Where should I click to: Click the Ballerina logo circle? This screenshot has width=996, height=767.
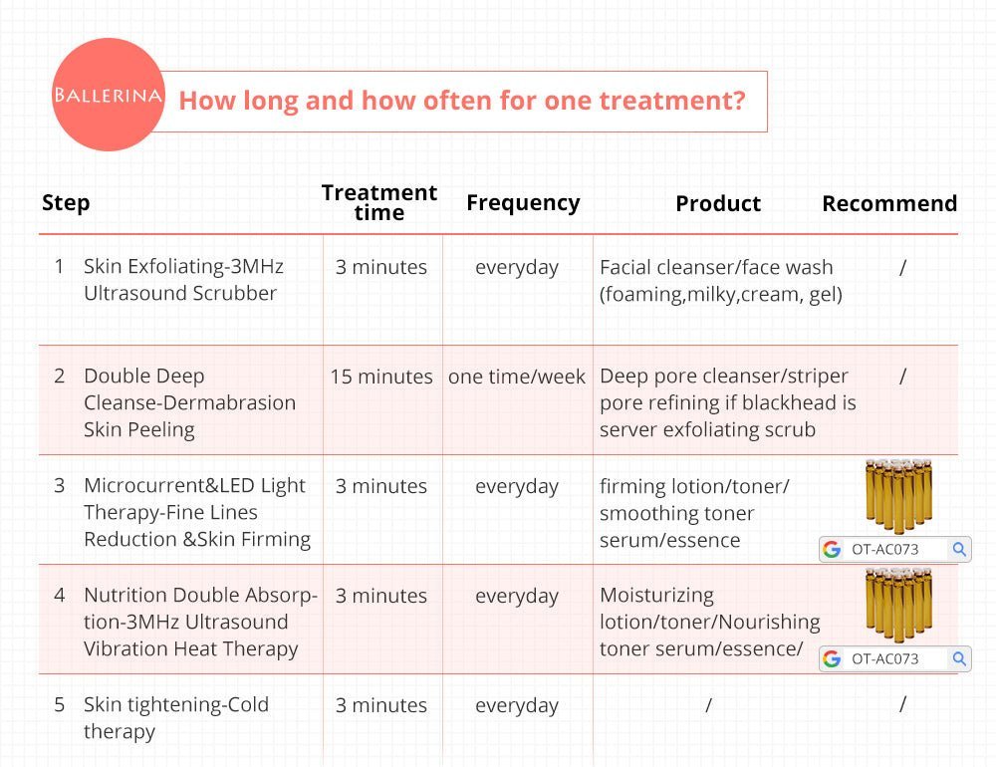click(x=108, y=95)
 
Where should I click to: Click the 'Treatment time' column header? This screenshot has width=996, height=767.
click(x=379, y=202)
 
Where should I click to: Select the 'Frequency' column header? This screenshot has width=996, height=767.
click(x=523, y=203)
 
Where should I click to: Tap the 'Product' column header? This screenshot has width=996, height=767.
click(x=718, y=203)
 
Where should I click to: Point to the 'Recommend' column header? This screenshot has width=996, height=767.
click(x=889, y=203)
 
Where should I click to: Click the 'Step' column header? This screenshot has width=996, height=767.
click(x=66, y=203)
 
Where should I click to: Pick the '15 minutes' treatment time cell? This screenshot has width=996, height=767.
click(x=381, y=377)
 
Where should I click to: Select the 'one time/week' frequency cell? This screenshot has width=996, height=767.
click(x=516, y=377)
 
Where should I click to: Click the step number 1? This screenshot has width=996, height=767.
click(x=59, y=266)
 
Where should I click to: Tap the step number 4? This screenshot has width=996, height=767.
click(x=60, y=596)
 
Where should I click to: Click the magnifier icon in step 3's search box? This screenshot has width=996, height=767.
click(x=959, y=549)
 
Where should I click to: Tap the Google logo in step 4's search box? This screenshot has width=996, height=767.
click(x=832, y=659)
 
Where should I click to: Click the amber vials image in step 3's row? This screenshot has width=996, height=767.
click(x=898, y=496)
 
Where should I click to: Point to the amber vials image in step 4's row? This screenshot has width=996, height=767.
click(x=898, y=605)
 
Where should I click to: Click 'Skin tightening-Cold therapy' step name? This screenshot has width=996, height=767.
click(x=176, y=718)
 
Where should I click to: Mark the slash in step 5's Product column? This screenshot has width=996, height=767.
click(x=709, y=704)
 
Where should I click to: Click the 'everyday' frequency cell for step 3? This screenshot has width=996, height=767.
click(x=516, y=487)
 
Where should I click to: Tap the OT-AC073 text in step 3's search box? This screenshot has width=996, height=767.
click(x=884, y=550)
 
